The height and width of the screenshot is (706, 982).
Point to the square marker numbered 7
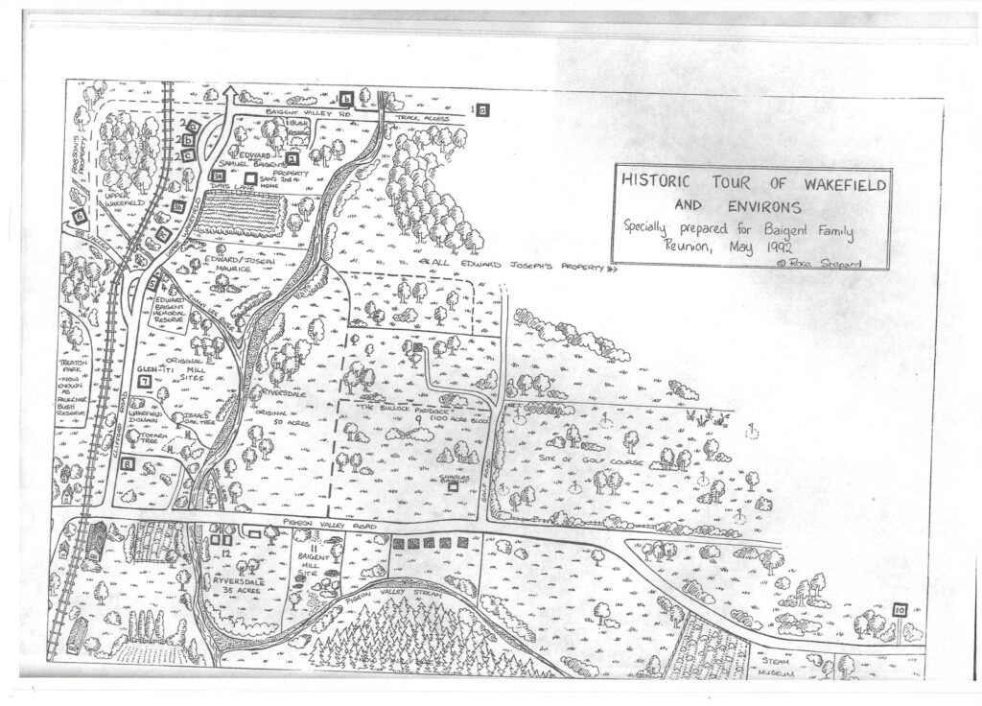click(x=145, y=381)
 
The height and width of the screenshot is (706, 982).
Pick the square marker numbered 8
click(x=128, y=466)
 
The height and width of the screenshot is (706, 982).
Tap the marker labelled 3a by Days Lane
click(x=219, y=176)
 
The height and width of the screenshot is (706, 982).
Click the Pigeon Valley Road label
click(x=332, y=527)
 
